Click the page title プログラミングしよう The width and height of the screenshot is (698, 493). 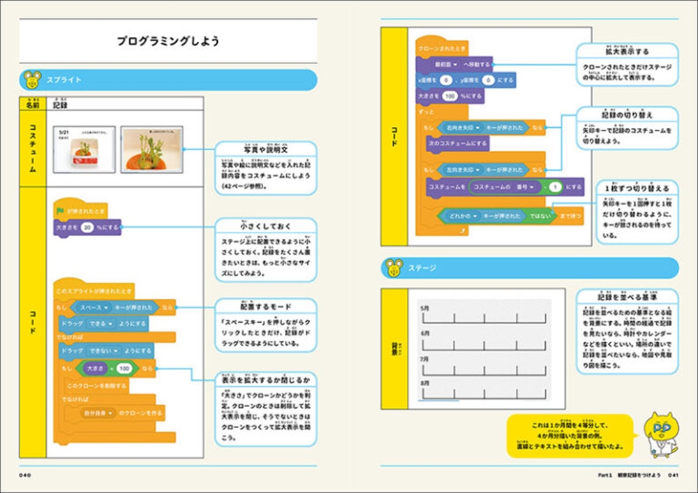point(168,42)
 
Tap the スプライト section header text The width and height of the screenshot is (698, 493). point(64,80)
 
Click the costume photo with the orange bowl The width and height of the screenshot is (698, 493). point(151,150)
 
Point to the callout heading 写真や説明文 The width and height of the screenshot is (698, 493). point(265,150)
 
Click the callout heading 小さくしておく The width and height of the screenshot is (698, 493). point(265,226)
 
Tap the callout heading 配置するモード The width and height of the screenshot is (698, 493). point(265,307)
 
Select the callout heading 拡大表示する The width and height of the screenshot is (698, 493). point(627,52)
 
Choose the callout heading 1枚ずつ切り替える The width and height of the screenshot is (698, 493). point(637,189)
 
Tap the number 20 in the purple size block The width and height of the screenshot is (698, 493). point(87,227)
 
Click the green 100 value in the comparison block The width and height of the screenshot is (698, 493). point(124,368)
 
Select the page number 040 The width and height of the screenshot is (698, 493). point(27,476)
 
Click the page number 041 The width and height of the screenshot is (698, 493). point(673,476)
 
